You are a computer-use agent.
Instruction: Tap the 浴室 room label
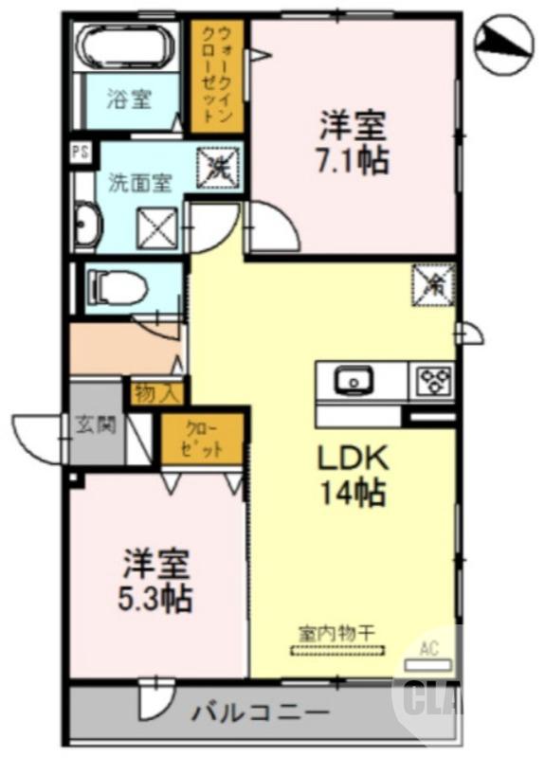click(129, 98)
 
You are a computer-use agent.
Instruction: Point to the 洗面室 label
click(139, 182)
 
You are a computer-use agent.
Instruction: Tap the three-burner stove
click(432, 382)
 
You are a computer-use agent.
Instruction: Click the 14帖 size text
click(351, 493)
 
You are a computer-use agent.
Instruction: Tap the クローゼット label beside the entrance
click(201, 439)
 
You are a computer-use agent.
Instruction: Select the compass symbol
click(505, 40)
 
